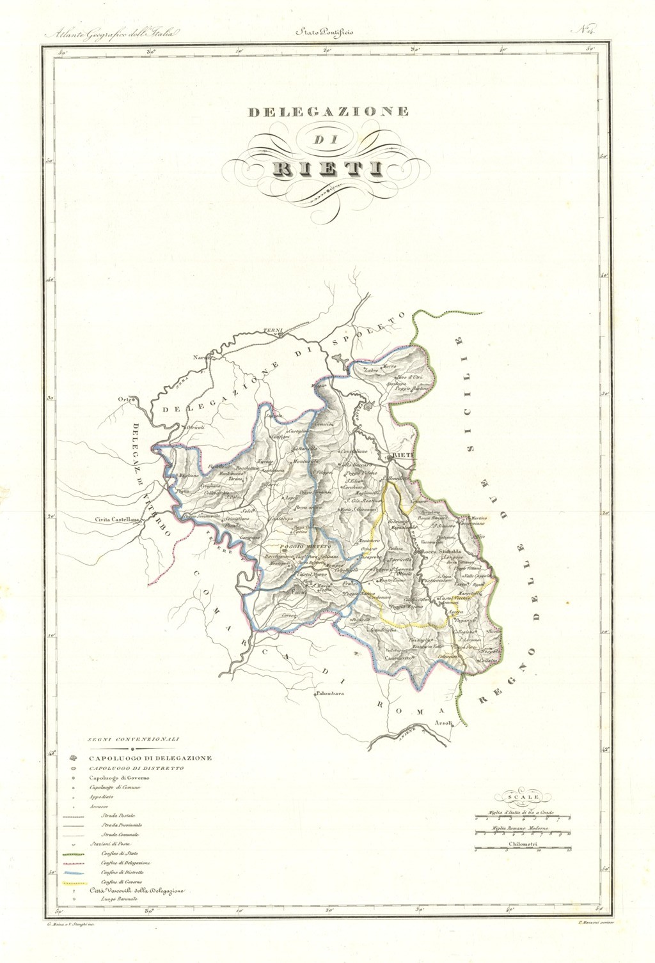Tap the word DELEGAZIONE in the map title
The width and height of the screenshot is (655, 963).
click(327, 112)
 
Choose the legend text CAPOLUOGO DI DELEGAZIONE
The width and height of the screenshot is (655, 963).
click(150, 757)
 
